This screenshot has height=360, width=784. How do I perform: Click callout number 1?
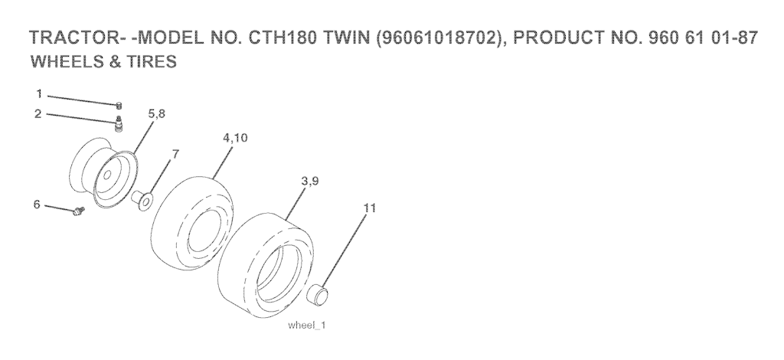39,94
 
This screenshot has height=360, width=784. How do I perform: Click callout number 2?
38,114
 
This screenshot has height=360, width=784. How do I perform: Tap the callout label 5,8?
156,114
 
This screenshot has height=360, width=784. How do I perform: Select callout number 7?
175,154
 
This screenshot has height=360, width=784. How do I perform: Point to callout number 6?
37,205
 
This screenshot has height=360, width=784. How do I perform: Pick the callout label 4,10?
235,138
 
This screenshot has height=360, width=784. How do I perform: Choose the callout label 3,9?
310,182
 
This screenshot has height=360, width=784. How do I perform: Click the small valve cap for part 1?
119,105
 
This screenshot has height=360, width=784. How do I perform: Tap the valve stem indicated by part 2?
119,123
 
